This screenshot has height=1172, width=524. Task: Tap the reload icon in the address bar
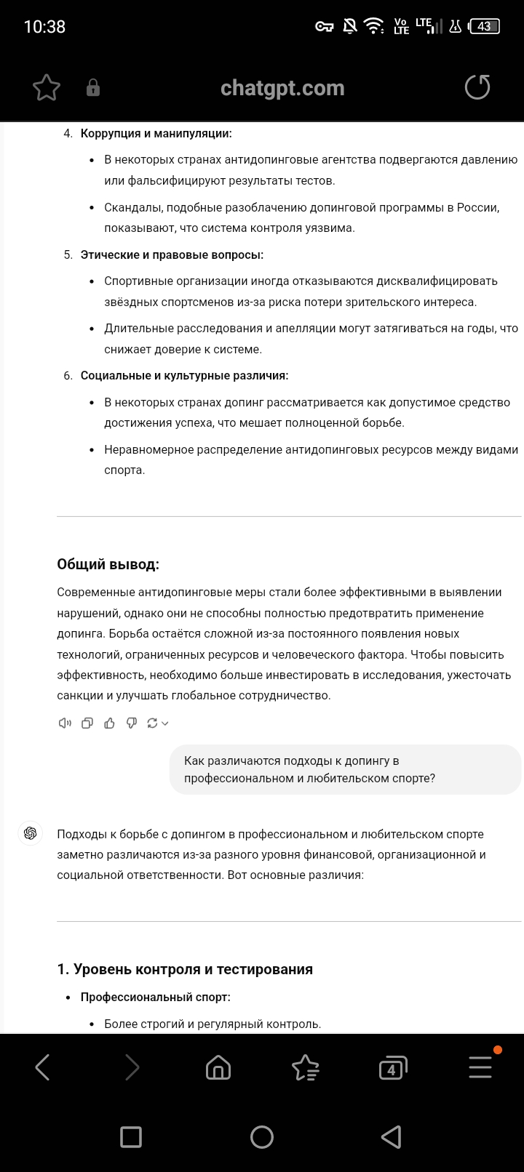(477, 88)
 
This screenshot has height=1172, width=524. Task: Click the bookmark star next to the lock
(47, 88)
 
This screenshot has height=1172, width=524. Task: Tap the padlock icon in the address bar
(93, 88)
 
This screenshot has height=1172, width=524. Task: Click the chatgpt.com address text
(282, 88)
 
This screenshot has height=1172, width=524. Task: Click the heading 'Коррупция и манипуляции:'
(156, 134)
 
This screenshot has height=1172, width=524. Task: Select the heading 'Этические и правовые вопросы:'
(172, 254)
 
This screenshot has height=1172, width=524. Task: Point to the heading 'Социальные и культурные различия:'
(184, 376)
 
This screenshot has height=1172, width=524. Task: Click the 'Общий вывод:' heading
(108, 565)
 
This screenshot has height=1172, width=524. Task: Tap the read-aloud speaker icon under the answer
(65, 723)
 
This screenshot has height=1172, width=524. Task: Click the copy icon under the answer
(87, 723)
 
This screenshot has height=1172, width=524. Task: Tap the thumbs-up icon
(109, 723)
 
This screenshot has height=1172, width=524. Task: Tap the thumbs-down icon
(131, 723)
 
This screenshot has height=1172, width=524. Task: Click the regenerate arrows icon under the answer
(153, 723)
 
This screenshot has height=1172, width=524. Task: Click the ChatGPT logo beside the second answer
(31, 833)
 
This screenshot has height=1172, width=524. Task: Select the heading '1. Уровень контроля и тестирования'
(185, 969)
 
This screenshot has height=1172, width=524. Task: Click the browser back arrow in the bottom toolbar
(43, 1067)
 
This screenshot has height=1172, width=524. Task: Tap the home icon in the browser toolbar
(218, 1067)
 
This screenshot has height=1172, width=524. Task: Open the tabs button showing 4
(392, 1067)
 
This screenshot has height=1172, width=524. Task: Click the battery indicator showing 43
(484, 27)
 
